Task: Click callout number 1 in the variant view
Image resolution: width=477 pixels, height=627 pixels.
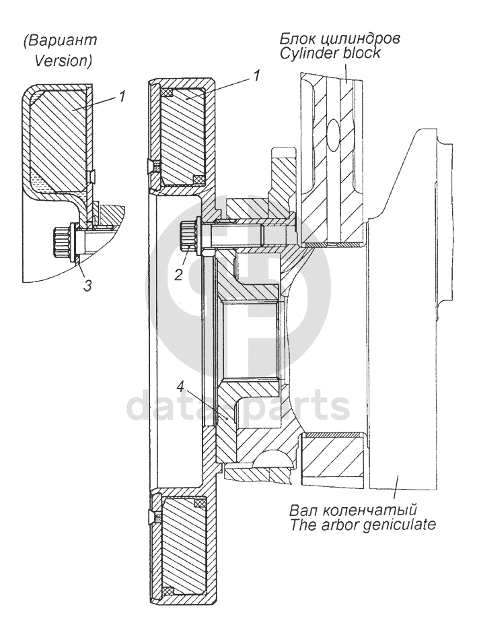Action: (121, 96)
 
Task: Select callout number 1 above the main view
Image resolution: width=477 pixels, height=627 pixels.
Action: (256, 76)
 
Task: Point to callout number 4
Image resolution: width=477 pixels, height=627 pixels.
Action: (180, 387)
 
